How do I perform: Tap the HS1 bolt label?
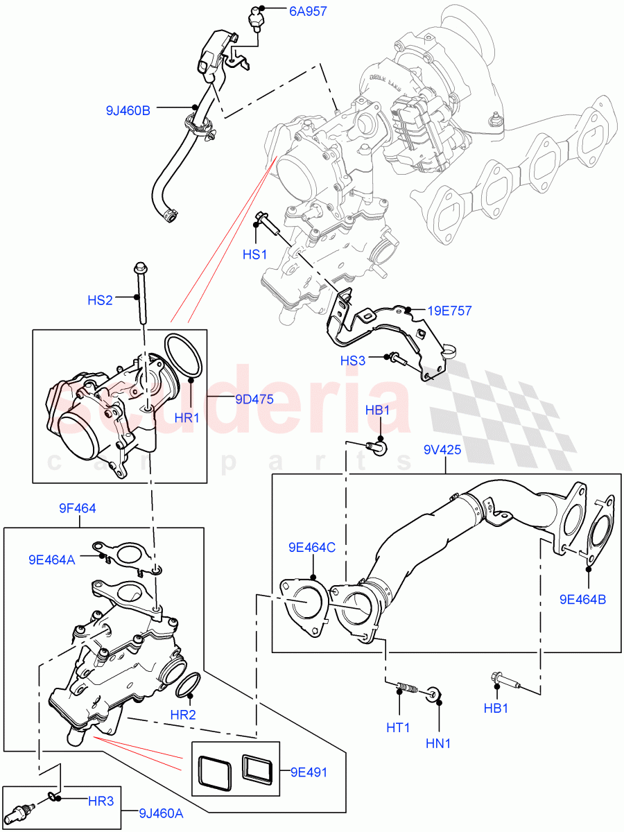pyautogui.click(x=254, y=255)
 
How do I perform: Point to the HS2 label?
pyautogui.click(x=100, y=300)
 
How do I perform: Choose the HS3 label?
pyautogui.click(x=352, y=361)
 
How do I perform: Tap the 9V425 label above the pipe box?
pyautogui.click(x=443, y=449)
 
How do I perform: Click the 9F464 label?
pyautogui.click(x=77, y=508)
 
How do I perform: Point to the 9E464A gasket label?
pyautogui.click(x=53, y=559)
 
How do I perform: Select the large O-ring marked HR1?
pyautogui.click(x=184, y=356)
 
